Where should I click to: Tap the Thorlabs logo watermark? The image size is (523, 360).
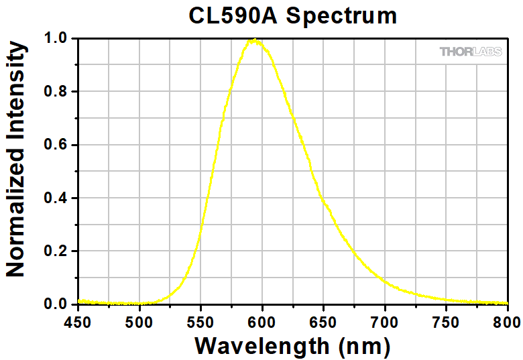(x=470, y=52)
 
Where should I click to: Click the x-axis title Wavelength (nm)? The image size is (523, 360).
(x=292, y=346)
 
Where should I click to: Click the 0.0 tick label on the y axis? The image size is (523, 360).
(x=56, y=304)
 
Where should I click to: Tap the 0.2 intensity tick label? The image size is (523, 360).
(x=56, y=251)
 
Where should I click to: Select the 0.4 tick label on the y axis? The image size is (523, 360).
(x=56, y=198)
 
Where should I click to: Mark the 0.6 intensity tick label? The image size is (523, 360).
(x=56, y=145)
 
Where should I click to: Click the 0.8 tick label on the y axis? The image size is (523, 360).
(x=56, y=92)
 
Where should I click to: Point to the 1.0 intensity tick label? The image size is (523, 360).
(x=56, y=38)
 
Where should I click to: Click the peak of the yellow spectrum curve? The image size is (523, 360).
(x=253, y=40)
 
